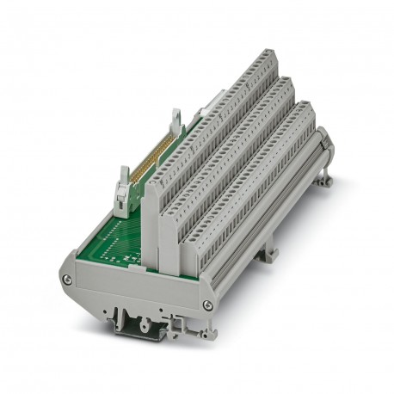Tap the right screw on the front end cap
[207, 305]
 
